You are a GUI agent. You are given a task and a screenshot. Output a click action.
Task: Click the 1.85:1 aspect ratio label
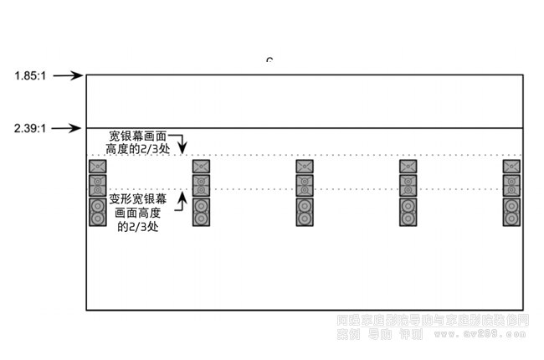pyautogui.click(x=29, y=76)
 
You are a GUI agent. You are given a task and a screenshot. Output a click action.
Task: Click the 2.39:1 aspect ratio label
pyautogui.click(x=29, y=129)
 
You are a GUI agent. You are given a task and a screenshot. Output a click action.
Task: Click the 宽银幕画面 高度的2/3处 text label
pyautogui.click(x=138, y=141)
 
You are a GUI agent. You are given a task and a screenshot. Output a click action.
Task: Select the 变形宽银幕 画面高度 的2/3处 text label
pyautogui.click(x=137, y=213)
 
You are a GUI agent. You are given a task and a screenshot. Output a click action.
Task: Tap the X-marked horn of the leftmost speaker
pyautogui.click(x=97, y=167)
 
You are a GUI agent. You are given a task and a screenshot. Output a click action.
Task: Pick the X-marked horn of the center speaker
pyautogui.click(x=305, y=167)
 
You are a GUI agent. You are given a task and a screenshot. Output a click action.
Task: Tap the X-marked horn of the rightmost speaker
pyautogui.click(x=511, y=167)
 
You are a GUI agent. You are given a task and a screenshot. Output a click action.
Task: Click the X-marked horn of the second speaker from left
pyautogui.click(x=201, y=167)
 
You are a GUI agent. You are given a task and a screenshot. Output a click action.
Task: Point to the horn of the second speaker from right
pyautogui.click(x=408, y=167)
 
